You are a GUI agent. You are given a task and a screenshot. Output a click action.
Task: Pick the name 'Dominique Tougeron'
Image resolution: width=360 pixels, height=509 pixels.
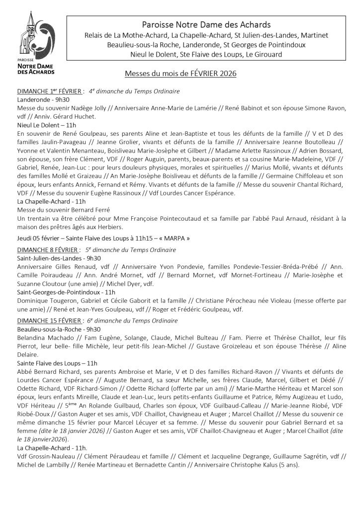pyautogui.click(x=47, y=301)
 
